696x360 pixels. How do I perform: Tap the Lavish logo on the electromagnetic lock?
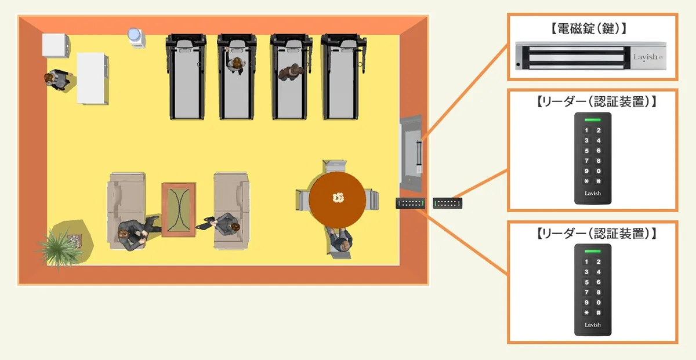click(646, 57)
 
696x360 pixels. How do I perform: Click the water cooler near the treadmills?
click(136, 37)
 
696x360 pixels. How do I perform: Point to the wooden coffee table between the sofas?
click(179, 209)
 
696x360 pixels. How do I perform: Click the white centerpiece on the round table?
click(338, 199)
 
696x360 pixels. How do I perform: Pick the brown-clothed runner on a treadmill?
click(291, 72)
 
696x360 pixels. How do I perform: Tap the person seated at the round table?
click(340, 241)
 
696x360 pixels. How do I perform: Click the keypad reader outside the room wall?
click(448, 202)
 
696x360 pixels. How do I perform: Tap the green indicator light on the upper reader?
click(593, 119)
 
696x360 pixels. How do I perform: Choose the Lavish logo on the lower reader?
click(593, 325)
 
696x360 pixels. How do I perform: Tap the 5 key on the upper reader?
click(586, 151)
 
